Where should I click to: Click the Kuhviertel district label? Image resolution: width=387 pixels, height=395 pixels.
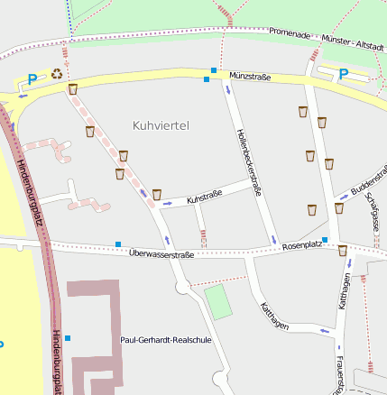tap(160, 125)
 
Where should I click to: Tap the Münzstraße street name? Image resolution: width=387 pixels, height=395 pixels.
tap(250, 77)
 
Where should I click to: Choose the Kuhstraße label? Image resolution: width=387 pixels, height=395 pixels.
tap(204, 197)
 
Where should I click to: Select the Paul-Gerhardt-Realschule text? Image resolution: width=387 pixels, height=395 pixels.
tap(165, 340)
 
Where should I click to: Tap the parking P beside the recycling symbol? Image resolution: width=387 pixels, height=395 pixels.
tap(33, 79)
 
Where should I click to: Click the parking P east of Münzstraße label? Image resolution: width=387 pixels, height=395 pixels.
tap(343, 74)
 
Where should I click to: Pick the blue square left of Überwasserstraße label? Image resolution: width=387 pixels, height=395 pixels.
tap(118, 243)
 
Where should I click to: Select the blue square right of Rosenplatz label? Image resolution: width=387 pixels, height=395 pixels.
tap(325, 240)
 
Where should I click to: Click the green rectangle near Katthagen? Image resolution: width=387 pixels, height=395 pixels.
tap(217, 302)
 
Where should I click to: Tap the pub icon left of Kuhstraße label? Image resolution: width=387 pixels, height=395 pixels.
tap(157, 194)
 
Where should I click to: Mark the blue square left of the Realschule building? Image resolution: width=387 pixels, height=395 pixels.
tap(68, 338)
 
